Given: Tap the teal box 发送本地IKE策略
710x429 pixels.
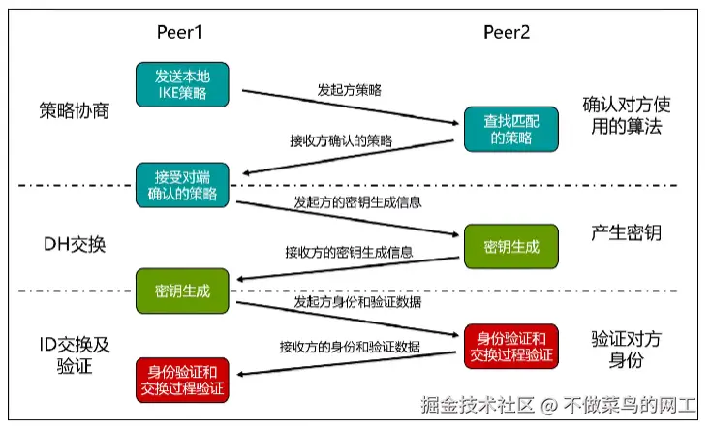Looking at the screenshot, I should (182, 84).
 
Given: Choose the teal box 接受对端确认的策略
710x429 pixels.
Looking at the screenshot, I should (182, 185).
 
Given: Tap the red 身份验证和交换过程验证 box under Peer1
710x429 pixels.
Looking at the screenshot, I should (182, 379).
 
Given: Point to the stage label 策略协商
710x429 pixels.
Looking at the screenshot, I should (75, 110).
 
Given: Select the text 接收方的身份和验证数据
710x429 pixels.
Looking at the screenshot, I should (350, 346).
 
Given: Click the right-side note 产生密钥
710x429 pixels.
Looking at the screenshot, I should (626, 233).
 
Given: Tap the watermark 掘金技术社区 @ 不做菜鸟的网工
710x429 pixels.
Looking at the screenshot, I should (558, 404).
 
